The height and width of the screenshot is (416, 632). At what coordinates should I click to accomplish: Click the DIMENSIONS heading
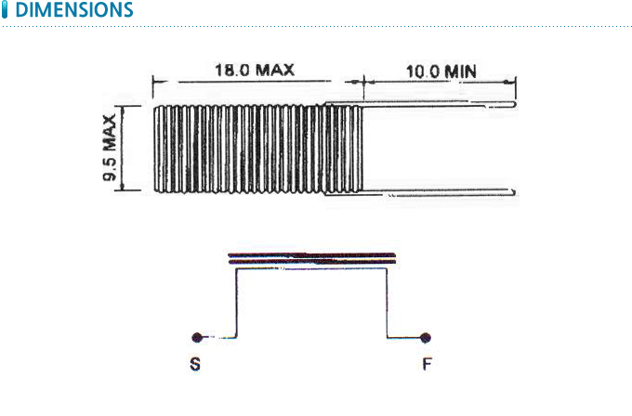click(x=74, y=9)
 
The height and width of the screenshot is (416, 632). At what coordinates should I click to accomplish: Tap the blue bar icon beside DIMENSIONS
click(x=5, y=9)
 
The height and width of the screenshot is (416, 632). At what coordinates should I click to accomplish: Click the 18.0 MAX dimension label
click(x=255, y=70)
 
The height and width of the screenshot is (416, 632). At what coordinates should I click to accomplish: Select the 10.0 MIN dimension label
click(x=441, y=71)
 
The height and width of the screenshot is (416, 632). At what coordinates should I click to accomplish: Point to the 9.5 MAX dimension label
click(x=110, y=148)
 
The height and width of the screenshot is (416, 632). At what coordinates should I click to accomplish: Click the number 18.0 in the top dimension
click(x=232, y=70)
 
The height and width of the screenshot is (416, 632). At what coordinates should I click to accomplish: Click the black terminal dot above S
click(x=197, y=337)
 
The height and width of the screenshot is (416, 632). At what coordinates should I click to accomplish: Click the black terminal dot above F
click(x=426, y=338)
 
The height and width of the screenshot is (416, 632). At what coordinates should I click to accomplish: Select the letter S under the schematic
click(x=195, y=364)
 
